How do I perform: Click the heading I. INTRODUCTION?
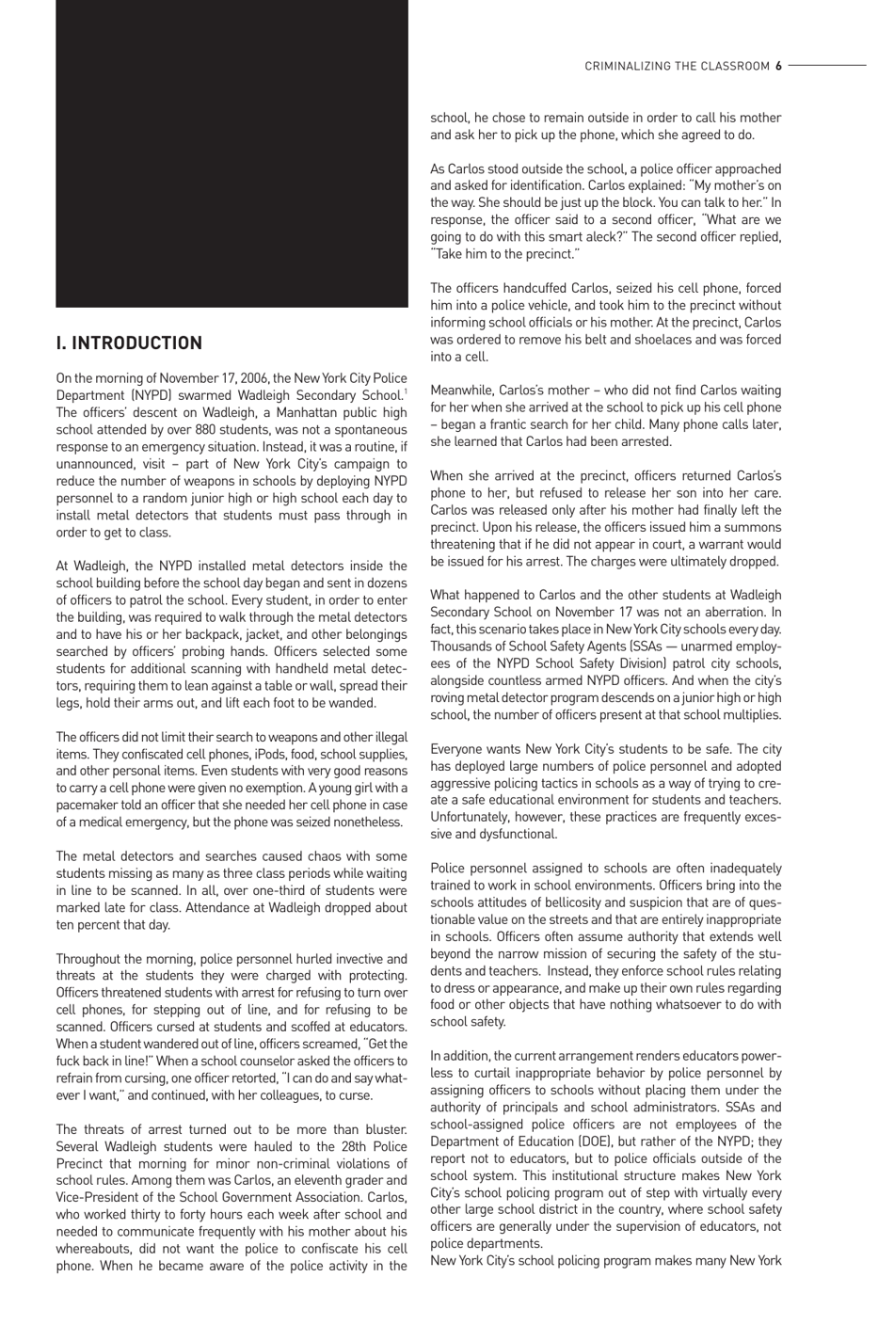coord(129,343)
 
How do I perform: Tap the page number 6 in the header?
coord(779,66)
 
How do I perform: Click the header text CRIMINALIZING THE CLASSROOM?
coord(677,66)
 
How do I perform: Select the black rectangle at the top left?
coord(231,153)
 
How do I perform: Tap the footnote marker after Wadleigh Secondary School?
coord(405,391)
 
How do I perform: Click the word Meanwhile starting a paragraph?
coord(465,391)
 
